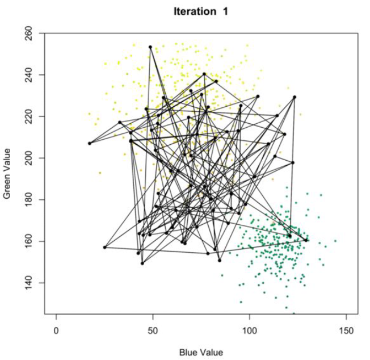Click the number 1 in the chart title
coord(225,11)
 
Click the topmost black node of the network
coord(150,47)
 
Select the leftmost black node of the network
coord(89,143)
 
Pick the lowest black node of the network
coord(142,263)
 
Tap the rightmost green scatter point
coord(335,241)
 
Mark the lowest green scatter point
coord(293,313)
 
